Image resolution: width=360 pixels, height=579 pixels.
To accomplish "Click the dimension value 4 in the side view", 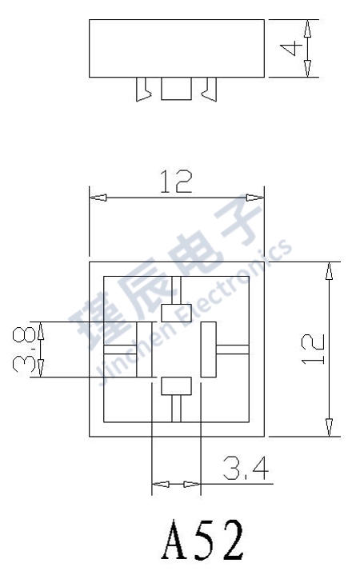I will pyautogui.click(x=294, y=48).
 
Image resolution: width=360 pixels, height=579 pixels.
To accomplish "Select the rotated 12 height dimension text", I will pyautogui.click(x=314, y=349).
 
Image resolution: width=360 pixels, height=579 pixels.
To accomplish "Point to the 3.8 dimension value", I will pyautogui.click(x=22, y=349).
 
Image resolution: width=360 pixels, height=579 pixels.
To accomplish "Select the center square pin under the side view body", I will pyautogui.click(x=176, y=88).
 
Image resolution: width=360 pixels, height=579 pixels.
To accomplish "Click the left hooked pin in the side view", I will pyautogui.click(x=144, y=89).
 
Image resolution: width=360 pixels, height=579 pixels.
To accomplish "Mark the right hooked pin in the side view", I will pyautogui.click(x=210, y=89).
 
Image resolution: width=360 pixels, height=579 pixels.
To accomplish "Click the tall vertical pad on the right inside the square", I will pyautogui.click(x=209, y=349).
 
